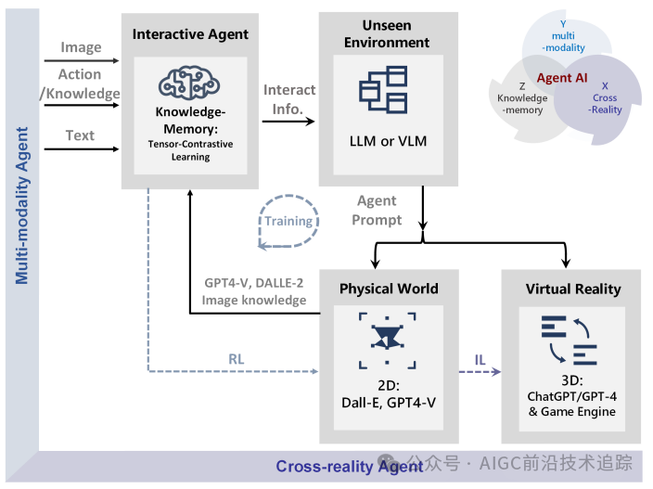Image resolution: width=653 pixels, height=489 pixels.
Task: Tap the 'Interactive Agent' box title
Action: tap(190, 34)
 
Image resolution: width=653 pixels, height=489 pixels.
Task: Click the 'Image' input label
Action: tap(81, 47)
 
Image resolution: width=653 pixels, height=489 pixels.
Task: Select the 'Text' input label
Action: tap(80, 135)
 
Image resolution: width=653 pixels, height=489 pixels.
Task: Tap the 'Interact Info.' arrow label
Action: tap(289, 99)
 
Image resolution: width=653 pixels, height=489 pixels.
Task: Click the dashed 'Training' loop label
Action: tap(288, 221)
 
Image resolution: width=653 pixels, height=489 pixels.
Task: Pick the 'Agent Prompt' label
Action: tap(377, 211)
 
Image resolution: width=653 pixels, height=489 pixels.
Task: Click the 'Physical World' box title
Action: tap(387, 289)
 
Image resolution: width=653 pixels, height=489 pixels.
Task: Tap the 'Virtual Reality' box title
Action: tap(572, 289)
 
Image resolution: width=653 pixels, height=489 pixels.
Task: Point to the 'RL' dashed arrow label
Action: tap(237, 358)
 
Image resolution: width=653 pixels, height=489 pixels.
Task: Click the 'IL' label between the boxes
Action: tap(479, 358)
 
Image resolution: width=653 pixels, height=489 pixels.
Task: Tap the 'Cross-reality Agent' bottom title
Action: tap(350, 467)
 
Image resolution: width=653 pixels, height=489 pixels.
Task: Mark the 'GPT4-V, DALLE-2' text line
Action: tap(253, 283)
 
